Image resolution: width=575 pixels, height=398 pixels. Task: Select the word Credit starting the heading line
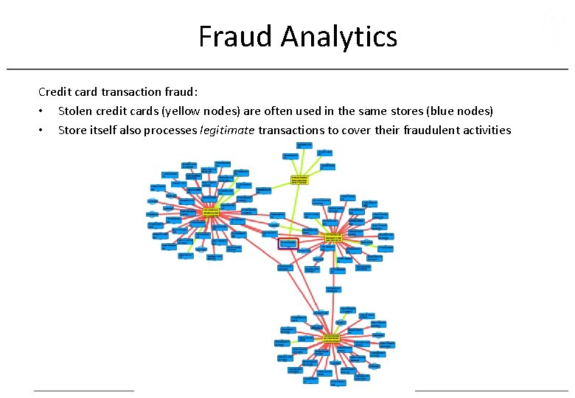tap(55, 92)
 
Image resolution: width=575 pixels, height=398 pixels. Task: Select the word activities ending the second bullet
tap(487, 130)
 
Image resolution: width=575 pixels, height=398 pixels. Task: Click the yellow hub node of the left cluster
tap(212, 212)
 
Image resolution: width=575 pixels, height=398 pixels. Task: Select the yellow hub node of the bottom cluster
tap(332, 338)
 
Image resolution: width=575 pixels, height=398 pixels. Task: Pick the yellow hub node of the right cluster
tap(333, 238)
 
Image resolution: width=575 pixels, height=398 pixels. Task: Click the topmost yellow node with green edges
tap(299, 179)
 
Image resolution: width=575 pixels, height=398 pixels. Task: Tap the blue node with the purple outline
tap(287, 243)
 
